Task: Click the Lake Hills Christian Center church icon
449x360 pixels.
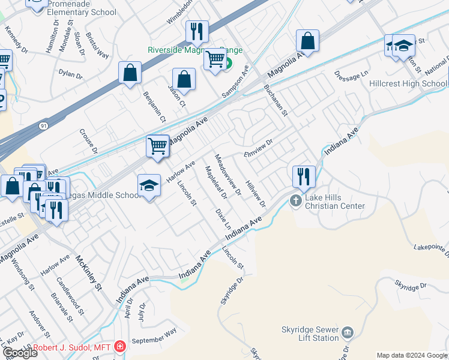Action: pos(295,200)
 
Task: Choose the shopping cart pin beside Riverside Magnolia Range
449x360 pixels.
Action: pos(214,59)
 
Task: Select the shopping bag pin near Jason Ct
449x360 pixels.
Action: pos(184,79)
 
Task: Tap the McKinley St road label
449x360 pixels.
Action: pos(89,273)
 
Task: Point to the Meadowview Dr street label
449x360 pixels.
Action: pos(228,173)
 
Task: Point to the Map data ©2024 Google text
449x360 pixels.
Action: pos(412,355)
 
